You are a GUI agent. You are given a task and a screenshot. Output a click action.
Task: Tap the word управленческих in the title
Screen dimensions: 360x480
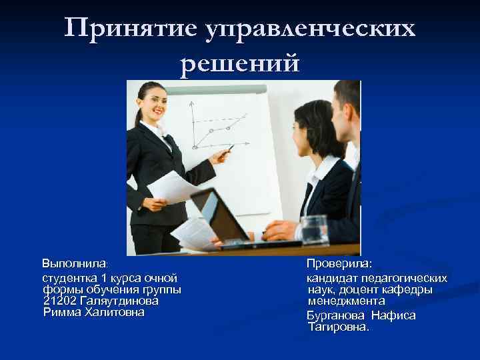314,29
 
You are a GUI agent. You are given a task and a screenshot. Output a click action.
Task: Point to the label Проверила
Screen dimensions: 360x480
339,264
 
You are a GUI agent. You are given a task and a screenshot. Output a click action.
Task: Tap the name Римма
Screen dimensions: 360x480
62,311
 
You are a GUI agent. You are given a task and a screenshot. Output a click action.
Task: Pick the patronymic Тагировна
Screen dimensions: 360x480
338,327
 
